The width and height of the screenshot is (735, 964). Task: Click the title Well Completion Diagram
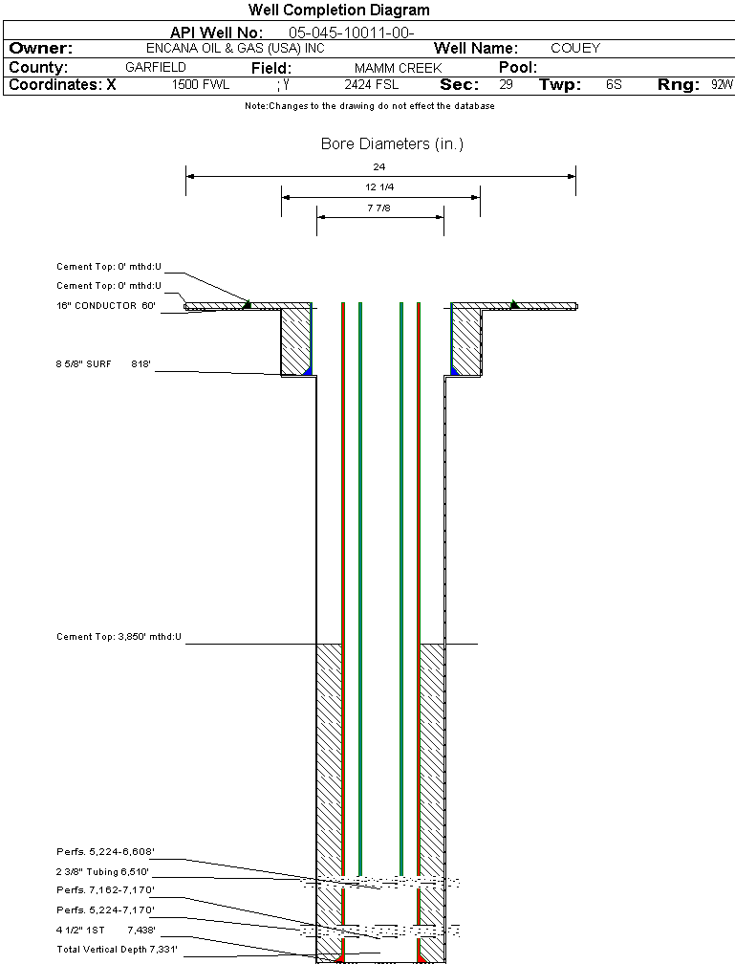click(x=339, y=11)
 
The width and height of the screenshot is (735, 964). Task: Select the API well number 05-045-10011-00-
click(x=351, y=33)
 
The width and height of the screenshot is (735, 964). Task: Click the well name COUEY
click(x=575, y=49)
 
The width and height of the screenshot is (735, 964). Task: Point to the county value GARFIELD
click(x=156, y=68)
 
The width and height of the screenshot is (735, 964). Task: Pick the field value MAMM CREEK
click(x=398, y=69)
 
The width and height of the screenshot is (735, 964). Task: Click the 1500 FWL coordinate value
click(x=201, y=85)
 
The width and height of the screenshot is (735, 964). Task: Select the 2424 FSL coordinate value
click(x=371, y=85)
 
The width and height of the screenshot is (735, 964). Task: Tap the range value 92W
click(x=722, y=85)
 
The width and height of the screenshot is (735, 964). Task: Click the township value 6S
click(x=614, y=85)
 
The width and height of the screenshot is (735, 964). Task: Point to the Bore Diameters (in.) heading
click(x=392, y=144)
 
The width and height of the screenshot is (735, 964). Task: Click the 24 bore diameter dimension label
click(x=379, y=167)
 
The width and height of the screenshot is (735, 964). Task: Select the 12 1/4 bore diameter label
click(x=379, y=187)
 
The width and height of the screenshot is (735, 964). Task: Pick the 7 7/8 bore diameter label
click(x=379, y=208)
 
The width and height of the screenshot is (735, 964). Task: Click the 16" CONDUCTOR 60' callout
click(x=105, y=306)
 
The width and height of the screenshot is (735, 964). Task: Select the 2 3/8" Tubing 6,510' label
click(x=103, y=872)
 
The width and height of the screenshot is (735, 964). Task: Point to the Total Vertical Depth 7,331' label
click(x=117, y=950)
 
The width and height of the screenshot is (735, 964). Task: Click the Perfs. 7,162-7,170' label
click(x=105, y=890)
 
